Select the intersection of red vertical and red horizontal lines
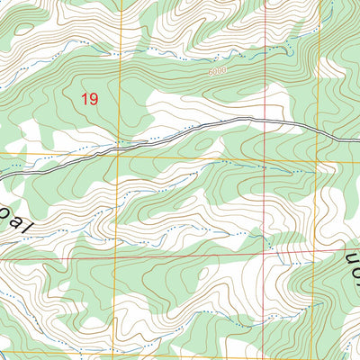click(267, 257)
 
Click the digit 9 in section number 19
click(93, 99)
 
